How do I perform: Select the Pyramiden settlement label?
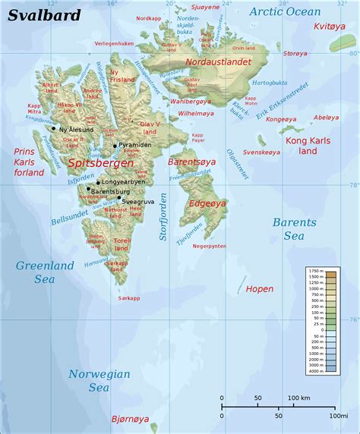pyautogui.click(x=136, y=145)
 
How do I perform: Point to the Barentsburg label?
pyautogui.click(x=112, y=193)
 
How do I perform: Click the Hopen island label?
pyautogui.click(x=260, y=289)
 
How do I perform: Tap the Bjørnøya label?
pyautogui.click(x=127, y=418)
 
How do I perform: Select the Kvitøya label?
pyautogui.click(x=328, y=26)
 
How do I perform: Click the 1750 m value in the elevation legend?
pyautogui.click(x=315, y=271)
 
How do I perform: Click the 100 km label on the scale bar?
pyautogui.click(x=298, y=398)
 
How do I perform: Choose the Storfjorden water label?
pyautogui.click(x=163, y=220)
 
